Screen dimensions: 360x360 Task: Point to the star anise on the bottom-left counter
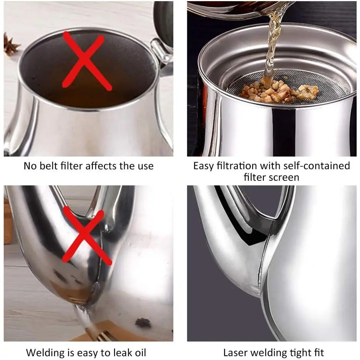point(143,323)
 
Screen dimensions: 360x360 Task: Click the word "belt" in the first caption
point(48,166)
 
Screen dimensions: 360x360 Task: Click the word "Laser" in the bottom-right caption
point(235,352)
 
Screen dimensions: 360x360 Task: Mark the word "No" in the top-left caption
point(30,166)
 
